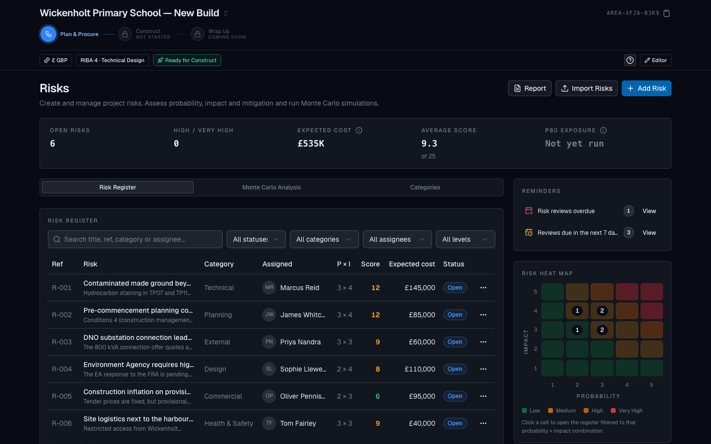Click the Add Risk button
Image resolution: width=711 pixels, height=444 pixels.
click(x=646, y=88)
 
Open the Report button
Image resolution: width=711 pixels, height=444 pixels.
click(x=529, y=88)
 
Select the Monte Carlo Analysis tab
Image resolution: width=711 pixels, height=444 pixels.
click(x=272, y=187)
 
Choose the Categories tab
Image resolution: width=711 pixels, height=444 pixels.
click(x=425, y=187)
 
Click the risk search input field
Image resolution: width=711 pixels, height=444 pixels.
click(x=135, y=239)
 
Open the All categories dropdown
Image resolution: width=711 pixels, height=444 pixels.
click(x=324, y=239)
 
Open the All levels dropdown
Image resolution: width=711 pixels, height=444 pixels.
click(x=465, y=239)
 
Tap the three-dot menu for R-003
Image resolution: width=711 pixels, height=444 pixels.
click(x=483, y=342)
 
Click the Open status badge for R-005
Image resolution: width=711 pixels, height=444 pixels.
click(x=455, y=396)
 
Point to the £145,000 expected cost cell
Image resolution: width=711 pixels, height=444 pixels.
click(x=420, y=288)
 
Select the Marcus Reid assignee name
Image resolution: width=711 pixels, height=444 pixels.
click(x=300, y=288)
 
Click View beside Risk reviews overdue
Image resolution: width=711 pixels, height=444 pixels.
click(x=649, y=211)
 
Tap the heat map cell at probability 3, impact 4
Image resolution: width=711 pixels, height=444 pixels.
click(x=602, y=311)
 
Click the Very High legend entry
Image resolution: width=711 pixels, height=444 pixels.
click(x=627, y=410)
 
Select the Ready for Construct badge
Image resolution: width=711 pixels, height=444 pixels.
click(x=187, y=60)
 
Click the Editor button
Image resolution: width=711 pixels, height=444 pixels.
click(x=656, y=60)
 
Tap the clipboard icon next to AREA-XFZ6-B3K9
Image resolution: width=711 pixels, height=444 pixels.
click(x=667, y=13)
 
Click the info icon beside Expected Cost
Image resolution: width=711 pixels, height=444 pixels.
click(x=359, y=130)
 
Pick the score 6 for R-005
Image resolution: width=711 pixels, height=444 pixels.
click(x=377, y=396)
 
